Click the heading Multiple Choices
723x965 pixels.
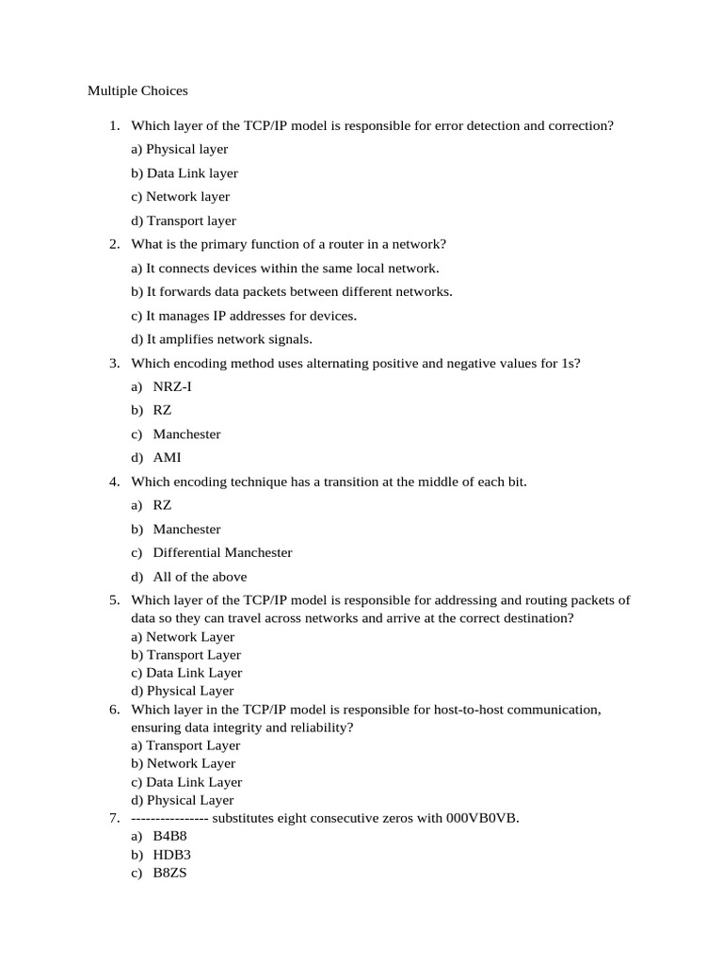137,91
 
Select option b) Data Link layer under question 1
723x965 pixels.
185,173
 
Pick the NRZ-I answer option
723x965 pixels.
172,386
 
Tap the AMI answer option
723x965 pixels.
168,458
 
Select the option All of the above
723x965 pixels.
200,577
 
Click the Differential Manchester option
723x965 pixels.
222,553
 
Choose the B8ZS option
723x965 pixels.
170,873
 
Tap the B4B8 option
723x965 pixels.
170,836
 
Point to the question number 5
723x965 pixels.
114,600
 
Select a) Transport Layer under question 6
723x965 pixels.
185,745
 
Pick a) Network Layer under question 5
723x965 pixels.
183,637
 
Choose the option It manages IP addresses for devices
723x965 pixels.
244,316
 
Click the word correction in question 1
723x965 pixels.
580,125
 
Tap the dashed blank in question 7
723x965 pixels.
169,818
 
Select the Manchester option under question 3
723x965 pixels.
186,434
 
